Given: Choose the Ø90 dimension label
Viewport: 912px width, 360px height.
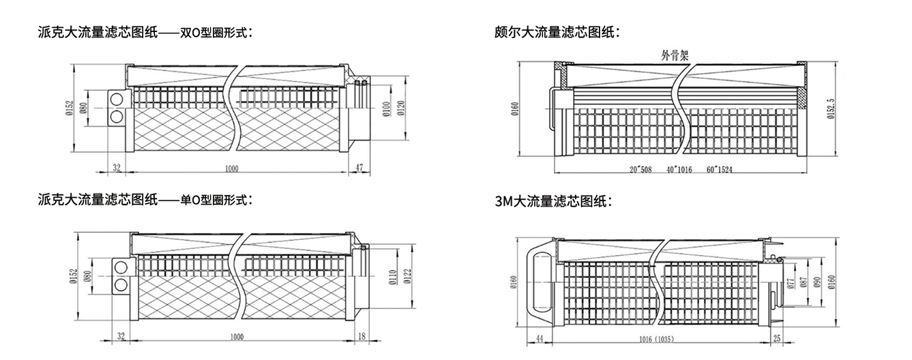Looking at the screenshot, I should [x=816, y=282].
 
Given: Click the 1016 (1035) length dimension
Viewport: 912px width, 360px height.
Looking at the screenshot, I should [x=662, y=338].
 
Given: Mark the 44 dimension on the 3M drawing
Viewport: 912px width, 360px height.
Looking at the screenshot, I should [x=540, y=338].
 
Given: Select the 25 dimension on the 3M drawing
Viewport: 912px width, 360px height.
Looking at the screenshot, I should [x=777, y=338].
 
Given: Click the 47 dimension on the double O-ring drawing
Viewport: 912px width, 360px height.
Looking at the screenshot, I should [x=360, y=166].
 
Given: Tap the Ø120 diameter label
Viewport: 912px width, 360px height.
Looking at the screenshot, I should [x=402, y=108].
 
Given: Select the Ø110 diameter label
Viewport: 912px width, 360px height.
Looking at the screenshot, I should [x=392, y=276].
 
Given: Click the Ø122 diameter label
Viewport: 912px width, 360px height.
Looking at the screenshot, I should [x=408, y=276].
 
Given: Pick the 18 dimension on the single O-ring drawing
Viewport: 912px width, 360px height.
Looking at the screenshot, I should [x=362, y=336].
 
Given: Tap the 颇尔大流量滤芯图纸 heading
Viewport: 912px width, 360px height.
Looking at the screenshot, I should [x=555, y=31].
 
